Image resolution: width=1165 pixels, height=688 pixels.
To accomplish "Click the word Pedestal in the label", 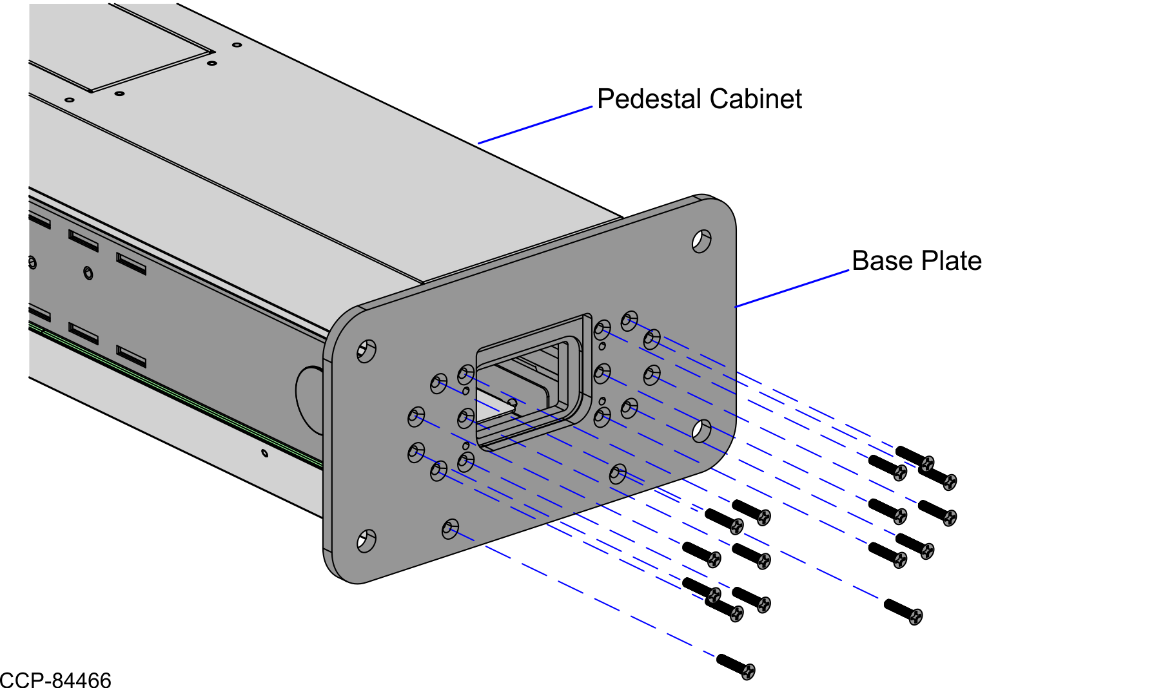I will coord(649,99).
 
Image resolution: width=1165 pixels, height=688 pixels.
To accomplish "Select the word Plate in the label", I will coord(950,261).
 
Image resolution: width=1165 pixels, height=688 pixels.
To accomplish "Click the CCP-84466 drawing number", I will coord(55,680).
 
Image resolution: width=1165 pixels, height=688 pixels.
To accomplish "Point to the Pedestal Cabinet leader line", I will coord(535,125).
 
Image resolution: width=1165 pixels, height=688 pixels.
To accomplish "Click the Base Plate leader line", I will coord(793,288).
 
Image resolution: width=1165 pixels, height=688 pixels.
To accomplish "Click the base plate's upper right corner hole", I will coord(701,241).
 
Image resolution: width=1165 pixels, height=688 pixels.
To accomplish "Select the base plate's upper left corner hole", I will coord(366,351).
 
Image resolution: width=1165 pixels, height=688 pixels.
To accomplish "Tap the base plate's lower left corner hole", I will coord(366,540).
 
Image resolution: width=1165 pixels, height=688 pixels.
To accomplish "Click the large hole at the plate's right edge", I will coord(701,431).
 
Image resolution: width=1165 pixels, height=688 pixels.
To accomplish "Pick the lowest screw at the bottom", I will coord(736,666).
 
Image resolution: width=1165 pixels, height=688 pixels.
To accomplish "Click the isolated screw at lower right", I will coord(903,611).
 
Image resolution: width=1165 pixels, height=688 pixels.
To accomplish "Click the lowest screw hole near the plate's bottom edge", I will coord(450,530).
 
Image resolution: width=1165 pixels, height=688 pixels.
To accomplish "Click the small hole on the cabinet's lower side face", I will coord(264,453).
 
